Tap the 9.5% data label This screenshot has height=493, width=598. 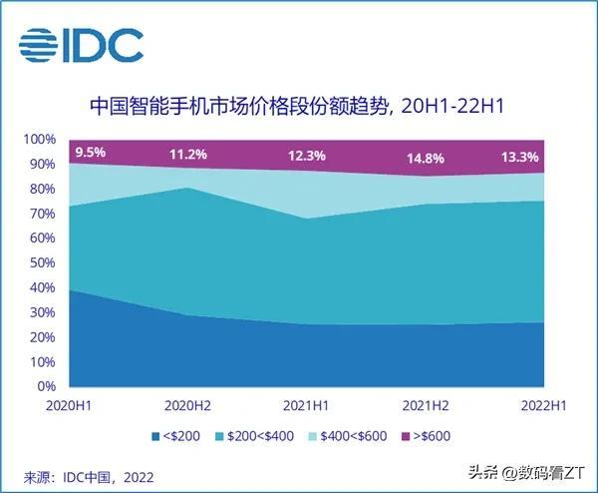89,153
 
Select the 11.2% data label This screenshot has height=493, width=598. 187,155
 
